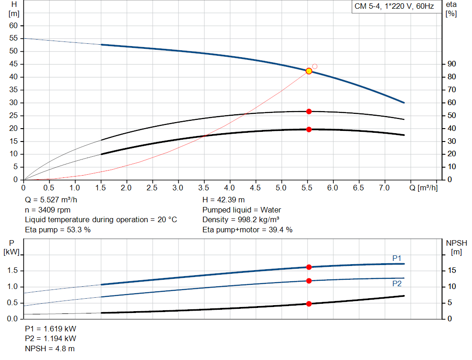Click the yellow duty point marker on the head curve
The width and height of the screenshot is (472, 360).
[x=309, y=71]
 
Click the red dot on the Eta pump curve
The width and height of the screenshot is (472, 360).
[x=309, y=112]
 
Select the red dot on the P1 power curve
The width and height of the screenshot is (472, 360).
[x=309, y=267]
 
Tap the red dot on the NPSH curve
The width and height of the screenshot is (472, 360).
[x=309, y=304]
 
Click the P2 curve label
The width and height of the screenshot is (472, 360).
[x=397, y=283]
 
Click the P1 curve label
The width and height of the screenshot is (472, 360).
[x=397, y=258]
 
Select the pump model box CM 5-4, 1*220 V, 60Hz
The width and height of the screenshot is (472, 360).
[x=394, y=7]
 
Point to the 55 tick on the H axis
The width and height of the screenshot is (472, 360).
[x=13, y=38]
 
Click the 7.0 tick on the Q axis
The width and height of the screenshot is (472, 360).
[x=384, y=188]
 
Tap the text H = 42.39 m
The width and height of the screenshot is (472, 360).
[x=224, y=200]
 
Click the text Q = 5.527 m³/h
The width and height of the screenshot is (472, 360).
[x=51, y=200]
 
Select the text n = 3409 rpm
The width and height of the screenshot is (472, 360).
[x=47, y=210]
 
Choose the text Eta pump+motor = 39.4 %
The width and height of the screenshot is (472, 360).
[x=248, y=230]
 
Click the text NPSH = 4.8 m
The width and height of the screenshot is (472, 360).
[x=50, y=348]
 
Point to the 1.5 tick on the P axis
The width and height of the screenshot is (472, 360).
[x=13, y=271]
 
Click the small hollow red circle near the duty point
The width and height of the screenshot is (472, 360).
[x=315, y=66]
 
